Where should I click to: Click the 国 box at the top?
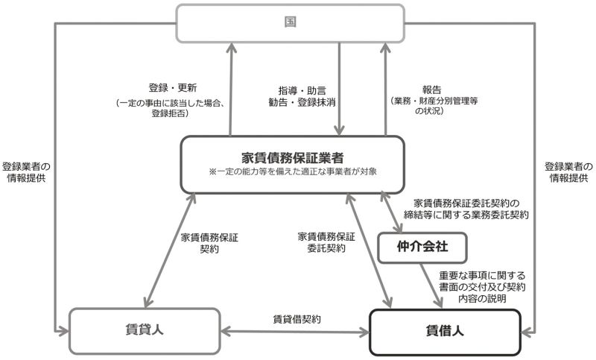click(290, 23)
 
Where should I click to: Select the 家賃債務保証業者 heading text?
click(292, 157)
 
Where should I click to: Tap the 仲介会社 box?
click(422, 247)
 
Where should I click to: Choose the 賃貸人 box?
click(145, 331)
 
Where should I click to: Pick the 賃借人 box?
click(445, 332)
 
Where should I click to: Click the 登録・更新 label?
click(173, 88)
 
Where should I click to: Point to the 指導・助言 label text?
click(302, 91)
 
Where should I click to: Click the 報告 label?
click(432, 90)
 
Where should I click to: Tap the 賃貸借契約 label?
click(297, 319)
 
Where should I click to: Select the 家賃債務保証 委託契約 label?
click(326, 242)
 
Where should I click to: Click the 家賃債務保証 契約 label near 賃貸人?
click(209, 243)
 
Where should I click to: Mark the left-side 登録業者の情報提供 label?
click(26, 172)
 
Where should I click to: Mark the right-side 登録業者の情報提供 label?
click(568, 172)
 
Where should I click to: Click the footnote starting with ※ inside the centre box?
click(293, 172)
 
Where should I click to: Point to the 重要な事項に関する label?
click(482, 276)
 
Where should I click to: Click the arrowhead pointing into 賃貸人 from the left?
click(63, 331)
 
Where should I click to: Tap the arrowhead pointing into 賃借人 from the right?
click(527, 332)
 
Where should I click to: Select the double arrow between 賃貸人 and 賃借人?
click(295, 332)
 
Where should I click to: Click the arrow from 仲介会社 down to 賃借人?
click(431, 285)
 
